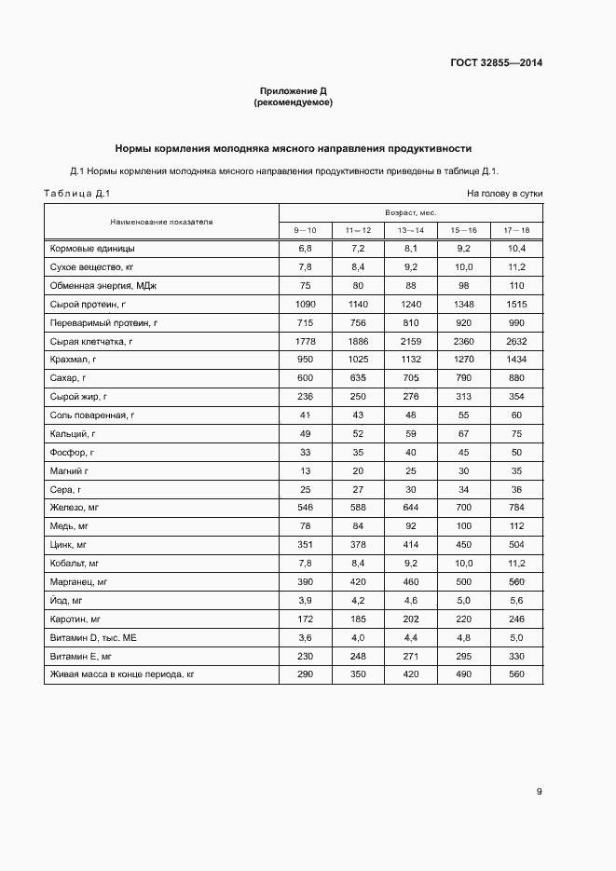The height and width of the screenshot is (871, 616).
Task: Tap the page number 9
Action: click(x=540, y=792)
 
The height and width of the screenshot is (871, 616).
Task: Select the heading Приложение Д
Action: click(x=293, y=91)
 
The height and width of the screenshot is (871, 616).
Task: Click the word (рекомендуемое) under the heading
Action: click(x=293, y=102)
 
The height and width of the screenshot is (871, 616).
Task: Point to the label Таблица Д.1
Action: click(x=77, y=194)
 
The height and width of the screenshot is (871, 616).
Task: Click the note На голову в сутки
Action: click(x=504, y=194)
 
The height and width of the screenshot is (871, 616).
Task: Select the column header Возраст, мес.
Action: click(x=411, y=212)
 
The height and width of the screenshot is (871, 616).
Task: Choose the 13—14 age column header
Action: click(x=411, y=230)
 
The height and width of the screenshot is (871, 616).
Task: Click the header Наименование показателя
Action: click(x=161, y=222)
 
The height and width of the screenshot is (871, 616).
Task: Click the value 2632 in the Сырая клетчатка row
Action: click(x=516, y=342)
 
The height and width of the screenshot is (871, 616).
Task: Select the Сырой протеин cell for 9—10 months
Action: click(x=305, y=305)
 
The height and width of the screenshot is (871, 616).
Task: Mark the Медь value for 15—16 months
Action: click(x=463, y=526)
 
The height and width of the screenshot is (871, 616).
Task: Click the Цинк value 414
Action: click(x=411, y=545)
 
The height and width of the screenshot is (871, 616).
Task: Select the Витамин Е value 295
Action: click(x=463, y=656)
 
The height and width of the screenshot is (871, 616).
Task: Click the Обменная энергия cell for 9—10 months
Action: click(x=305, y=286)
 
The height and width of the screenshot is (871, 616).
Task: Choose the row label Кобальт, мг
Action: click(x=75, y=564)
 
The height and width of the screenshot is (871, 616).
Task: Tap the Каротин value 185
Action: click(x=358, y=619)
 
